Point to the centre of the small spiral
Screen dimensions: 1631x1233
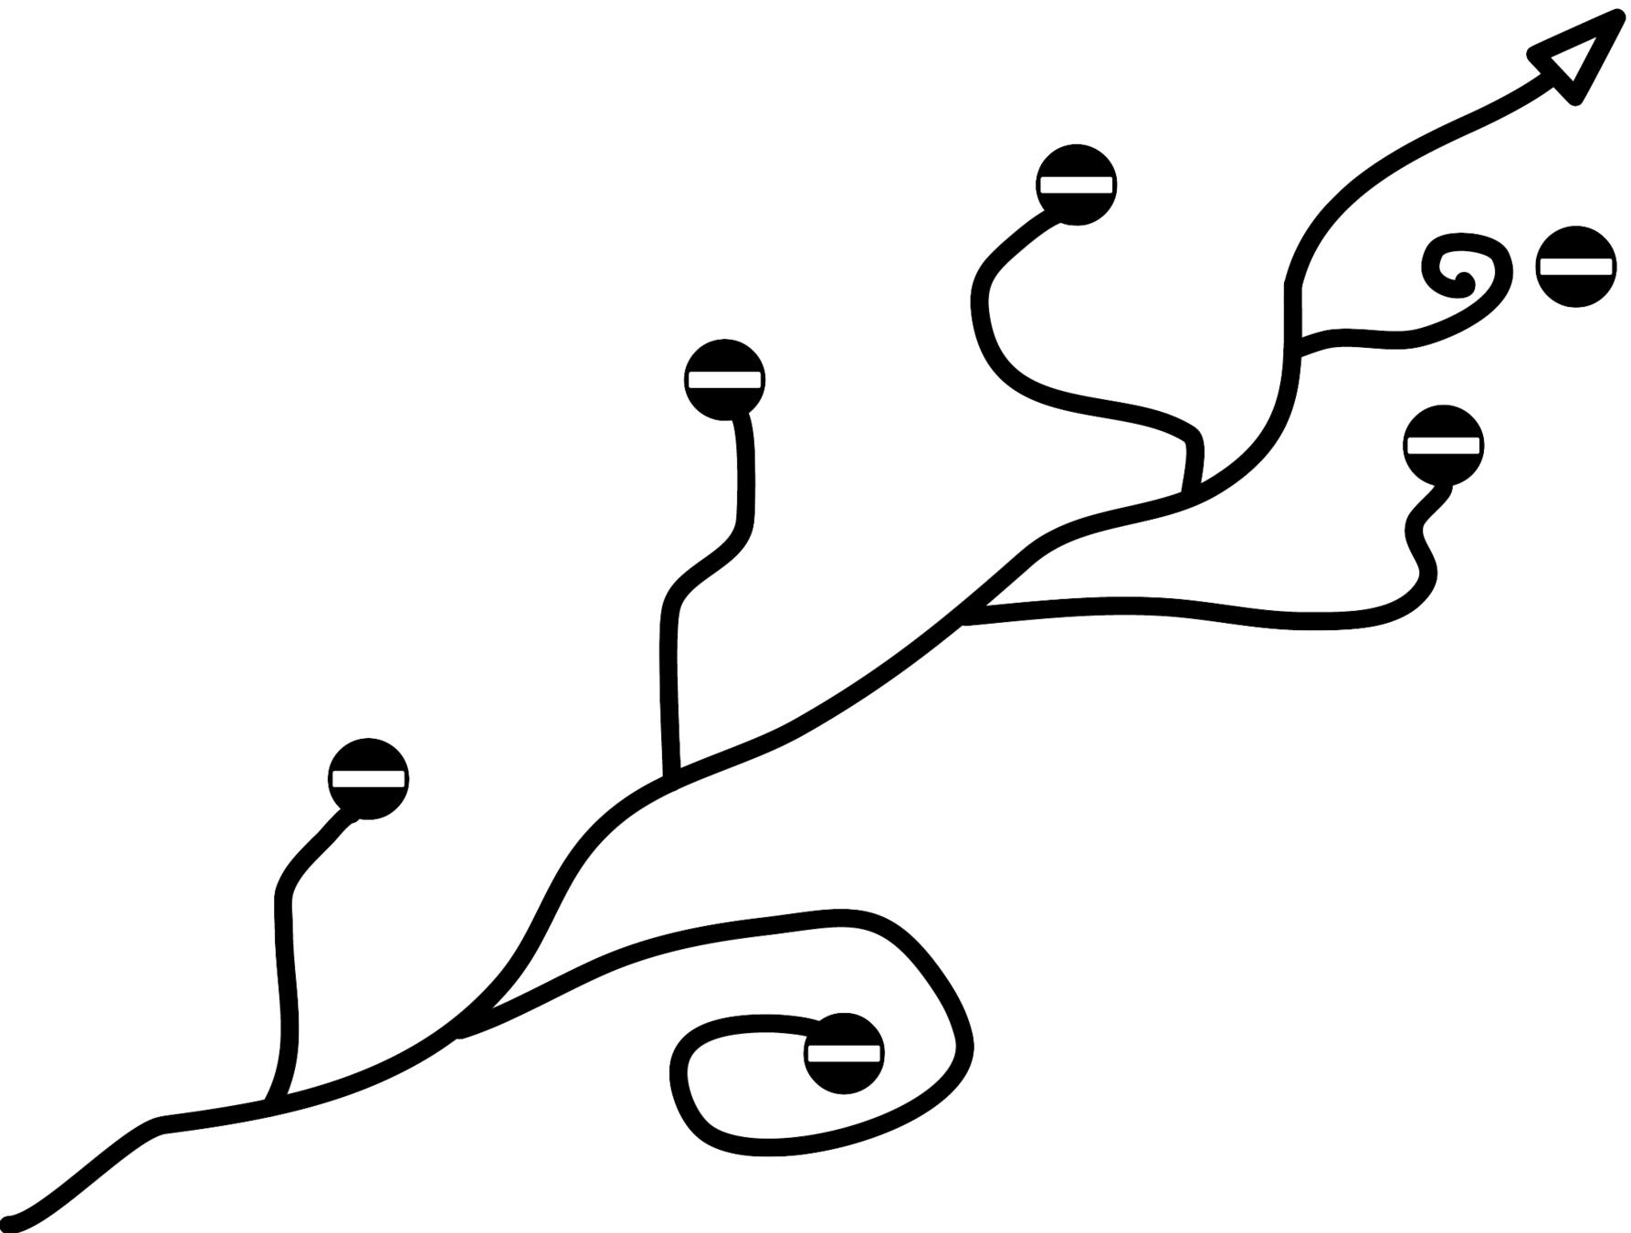[x=1459, y=273]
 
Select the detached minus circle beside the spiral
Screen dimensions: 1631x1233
[x=1575, y=266]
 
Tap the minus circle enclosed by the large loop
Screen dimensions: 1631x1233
[x=845, y=1053]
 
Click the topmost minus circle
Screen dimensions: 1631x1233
[x=1077, y=184]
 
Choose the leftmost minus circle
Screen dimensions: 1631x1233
[x=368, y=778]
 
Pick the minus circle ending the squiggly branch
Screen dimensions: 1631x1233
[x=1443, y=445]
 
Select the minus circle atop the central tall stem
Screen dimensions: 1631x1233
[x=725, y=379]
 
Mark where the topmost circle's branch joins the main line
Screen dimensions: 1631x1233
[x=1192, y=489]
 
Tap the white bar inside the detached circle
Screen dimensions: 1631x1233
[x=1575, y=266]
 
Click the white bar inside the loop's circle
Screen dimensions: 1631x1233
[x=845, y=1053]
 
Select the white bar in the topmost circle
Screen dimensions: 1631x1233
[x=1077, y=184]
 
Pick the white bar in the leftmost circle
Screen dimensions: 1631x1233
[x=368, y=778]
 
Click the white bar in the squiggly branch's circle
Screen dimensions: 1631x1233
[x=1443, y=445]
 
